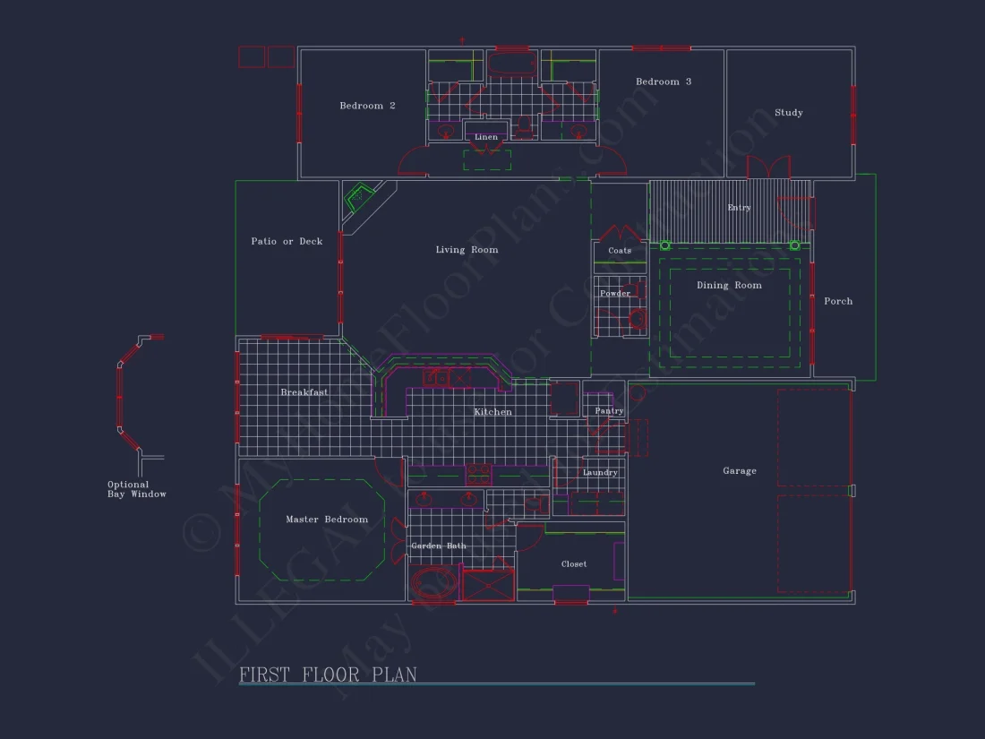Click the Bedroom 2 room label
367,106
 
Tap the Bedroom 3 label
664,82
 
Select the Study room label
789,113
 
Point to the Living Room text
467,250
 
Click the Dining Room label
729,286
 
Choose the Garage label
740,470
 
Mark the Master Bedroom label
327,520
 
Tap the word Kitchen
493,412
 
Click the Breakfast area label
304,392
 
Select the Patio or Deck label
287,241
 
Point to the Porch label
838,301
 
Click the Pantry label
609,411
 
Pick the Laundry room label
600,473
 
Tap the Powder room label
615,294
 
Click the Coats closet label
620,251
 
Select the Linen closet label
486,137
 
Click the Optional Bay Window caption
137,489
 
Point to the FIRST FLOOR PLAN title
328,675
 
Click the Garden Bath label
439,546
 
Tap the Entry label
739,208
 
